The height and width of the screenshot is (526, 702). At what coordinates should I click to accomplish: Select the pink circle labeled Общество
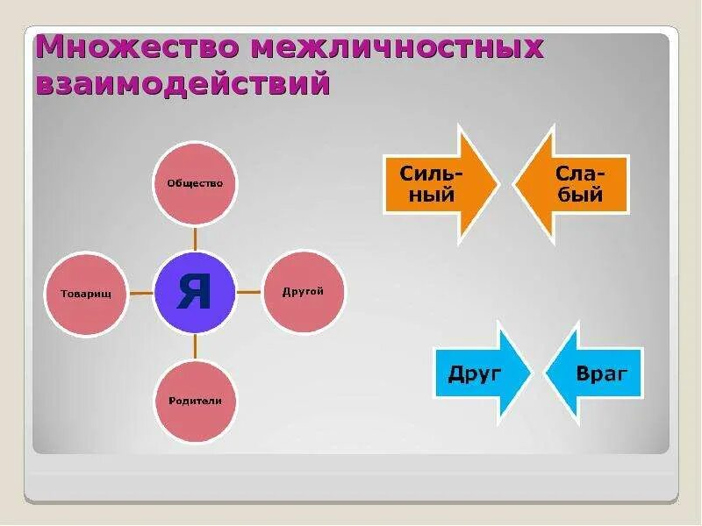coord(195,183)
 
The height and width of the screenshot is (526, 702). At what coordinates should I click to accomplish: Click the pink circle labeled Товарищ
coord(86,293)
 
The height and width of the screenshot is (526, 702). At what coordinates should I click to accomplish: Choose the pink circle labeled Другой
coord(304,291)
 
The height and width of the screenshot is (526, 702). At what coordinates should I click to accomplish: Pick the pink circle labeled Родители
coord(195,401)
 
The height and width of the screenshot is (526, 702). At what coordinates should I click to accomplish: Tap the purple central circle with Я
coord(195,292)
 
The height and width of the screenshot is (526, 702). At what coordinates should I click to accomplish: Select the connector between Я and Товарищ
coord(140,293)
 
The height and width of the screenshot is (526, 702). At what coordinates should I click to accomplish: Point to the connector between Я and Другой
coord(249,292)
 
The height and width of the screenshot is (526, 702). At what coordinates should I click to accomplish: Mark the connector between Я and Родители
coord(195,347)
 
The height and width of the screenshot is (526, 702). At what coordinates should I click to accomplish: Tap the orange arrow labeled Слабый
coord(575,183)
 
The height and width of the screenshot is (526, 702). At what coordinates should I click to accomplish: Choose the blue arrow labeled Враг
coord(597,373)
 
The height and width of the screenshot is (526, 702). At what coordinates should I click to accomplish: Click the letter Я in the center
coord(195,292)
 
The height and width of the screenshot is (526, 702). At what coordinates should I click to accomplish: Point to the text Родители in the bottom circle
coord(195,401)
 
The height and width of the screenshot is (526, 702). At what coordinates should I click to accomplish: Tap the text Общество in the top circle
coord(195,183)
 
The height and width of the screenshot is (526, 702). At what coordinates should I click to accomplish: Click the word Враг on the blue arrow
coord(603,373)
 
